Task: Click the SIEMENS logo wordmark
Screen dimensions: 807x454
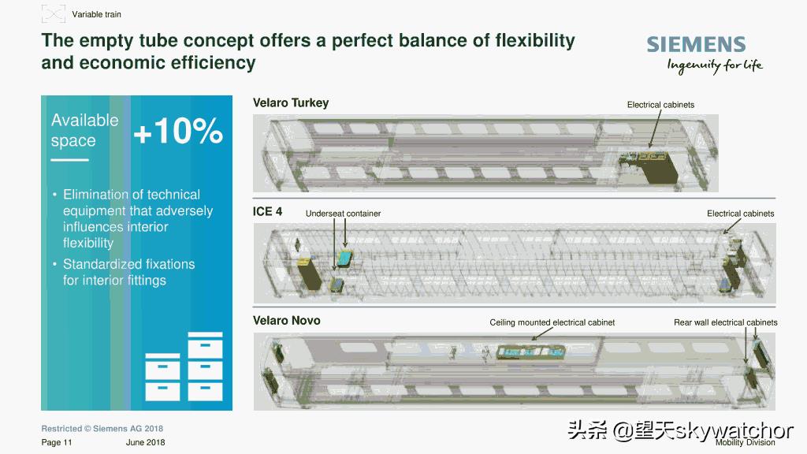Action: [696, 44]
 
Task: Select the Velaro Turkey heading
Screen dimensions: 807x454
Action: [291, 103]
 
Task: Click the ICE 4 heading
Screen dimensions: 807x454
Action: [268, 211]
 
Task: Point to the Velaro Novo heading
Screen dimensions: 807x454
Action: [287, 321]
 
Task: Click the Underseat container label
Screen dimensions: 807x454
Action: [344, 214]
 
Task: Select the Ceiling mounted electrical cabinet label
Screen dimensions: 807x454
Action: [552, 322]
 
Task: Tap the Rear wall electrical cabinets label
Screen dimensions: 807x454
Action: [726, 322]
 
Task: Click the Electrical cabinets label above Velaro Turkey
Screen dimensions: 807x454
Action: [661, 105]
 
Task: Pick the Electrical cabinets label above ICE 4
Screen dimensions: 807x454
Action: [741, 214]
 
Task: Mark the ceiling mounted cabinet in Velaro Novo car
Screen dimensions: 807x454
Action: [530, 352]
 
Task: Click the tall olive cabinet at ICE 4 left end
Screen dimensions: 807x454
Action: [309, 274]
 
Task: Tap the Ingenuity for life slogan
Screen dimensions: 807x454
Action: [715, 65]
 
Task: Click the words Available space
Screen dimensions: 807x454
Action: [84, 130]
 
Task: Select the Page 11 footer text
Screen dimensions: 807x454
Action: [57, 442]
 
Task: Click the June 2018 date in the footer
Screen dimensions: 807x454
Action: [145, 442]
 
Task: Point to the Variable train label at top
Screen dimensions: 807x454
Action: [96, 14]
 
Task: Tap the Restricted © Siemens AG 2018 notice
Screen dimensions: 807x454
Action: [102, 428]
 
